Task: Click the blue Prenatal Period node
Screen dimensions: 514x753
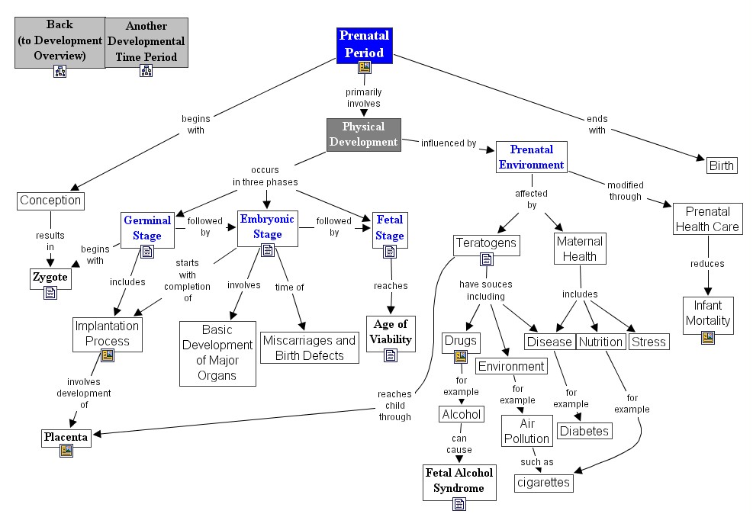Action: [364, 44]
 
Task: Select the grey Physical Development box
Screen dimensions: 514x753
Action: [363, 134]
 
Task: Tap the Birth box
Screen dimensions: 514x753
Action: [721, 165]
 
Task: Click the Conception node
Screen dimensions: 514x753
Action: [50, 201]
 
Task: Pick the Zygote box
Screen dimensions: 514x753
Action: [50, 278]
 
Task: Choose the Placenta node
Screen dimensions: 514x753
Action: [66, 438]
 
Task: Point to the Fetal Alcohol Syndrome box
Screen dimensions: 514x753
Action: [459, 480]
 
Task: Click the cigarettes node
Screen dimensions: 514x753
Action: [543, 482]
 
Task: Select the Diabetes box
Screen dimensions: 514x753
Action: [584, 431]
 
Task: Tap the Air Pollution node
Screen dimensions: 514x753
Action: [526, 431]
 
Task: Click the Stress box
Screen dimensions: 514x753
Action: [648, 342]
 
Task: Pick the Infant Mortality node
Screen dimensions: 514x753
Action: [708, 313]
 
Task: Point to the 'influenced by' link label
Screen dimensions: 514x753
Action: [449, 143]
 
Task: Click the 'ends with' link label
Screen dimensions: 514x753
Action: [597, 124]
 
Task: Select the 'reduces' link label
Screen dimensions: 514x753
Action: [709, 264]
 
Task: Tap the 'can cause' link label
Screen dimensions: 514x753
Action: [459, 444]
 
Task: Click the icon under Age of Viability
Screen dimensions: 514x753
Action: [391, 355]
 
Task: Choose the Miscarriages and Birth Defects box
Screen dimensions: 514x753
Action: [308, 348]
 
